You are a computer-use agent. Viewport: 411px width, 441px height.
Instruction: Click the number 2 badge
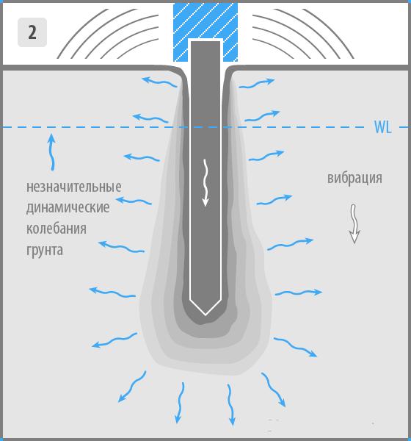(x=32, y=32)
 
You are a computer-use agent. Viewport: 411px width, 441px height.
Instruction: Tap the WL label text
(x=382, y=127)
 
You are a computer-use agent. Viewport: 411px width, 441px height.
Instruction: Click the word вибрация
(x=354, y=178)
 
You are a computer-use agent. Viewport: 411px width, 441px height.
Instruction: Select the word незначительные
(x=74, y=187)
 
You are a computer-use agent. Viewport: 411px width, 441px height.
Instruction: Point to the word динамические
(x=68, y=208)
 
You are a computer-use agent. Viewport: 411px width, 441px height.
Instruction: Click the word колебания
(x=57, y=229)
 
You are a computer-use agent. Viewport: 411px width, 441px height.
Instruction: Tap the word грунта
(x=44, y=250)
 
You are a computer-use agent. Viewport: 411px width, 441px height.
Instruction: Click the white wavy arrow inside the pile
(x=206, y=182)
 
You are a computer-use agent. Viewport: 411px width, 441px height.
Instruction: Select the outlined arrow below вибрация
(x=354, y=223)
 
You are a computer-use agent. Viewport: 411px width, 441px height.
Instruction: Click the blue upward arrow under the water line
(x=51, y=152)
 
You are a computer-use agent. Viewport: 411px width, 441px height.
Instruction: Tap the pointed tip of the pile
(x=205, y=315)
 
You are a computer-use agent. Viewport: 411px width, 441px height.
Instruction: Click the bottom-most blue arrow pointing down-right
(x=274, y=390)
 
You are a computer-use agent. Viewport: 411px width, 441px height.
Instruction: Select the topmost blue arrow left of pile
(x=159, y=82)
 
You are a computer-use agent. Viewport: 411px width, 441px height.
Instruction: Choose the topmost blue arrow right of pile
(x=256, y=84)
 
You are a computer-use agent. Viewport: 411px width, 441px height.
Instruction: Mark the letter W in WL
(x=380, y=127)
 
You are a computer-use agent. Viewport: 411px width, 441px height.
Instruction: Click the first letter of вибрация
(x=331, y=179)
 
